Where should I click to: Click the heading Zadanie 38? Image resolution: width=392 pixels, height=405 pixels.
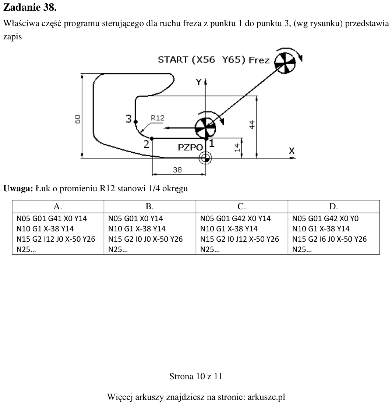30,7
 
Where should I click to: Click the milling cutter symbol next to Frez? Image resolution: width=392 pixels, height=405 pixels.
285,63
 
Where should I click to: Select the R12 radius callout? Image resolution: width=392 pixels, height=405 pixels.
158,118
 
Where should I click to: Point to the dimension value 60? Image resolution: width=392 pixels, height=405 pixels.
78,119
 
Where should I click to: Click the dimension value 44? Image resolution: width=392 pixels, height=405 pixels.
252,124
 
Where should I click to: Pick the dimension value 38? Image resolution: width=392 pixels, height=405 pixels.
177,170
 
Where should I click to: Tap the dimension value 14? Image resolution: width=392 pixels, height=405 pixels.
237,148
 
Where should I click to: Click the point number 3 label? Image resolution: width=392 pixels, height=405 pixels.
128,119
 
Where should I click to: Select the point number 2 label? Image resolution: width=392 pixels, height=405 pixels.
146,144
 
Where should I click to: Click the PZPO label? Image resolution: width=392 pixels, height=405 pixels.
190,148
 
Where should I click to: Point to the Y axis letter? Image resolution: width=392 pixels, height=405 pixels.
198,82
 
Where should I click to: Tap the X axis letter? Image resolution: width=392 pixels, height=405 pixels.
292,150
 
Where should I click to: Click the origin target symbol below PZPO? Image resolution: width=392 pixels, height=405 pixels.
205,158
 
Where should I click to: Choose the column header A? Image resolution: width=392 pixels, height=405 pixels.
58,206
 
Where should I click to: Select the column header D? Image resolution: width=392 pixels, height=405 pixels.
333,206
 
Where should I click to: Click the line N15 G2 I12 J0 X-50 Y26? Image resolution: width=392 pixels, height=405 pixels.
56,239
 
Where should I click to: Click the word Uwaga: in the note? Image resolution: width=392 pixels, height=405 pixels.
18,188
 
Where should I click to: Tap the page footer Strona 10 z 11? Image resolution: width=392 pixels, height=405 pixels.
196,376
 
